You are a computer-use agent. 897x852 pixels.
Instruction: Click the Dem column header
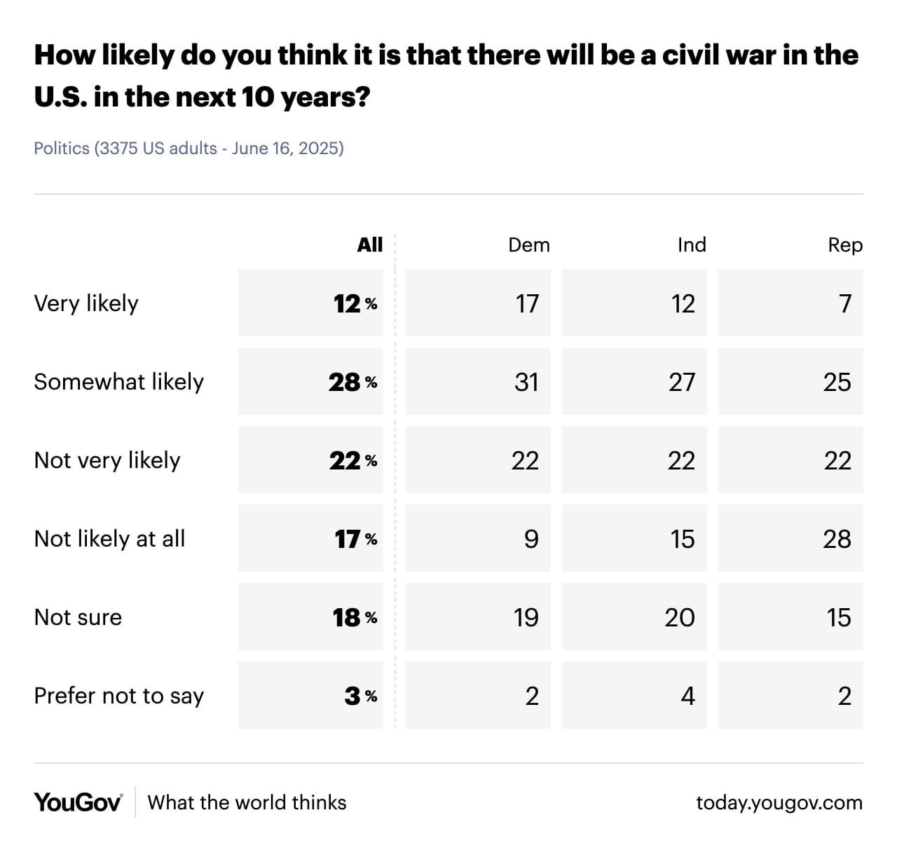[x=529, y=245]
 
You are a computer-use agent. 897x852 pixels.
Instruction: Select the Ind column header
[x=692, y=245]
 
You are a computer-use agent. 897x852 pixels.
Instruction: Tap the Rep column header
[x=845, y=245]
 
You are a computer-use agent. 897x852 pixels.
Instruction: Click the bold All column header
[x=370, y=245]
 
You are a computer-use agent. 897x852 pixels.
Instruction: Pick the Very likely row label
[x=86, y=303]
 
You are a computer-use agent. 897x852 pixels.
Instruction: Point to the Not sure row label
[x=78, y=617]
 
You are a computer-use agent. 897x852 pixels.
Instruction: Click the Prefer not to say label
[x=119, y=696]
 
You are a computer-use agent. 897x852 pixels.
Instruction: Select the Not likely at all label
[x=109, y=539]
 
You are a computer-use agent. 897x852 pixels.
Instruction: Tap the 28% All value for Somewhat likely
[x=352, y=382]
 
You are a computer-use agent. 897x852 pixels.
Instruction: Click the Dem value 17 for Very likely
[x=527, y=303]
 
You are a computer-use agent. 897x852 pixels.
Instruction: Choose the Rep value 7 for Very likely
[x=845, y=303]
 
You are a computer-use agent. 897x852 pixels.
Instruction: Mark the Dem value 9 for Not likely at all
[x=531, y=539]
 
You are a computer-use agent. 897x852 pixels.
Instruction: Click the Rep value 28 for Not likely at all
[x=837, y=539]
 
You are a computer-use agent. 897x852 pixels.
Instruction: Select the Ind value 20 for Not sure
[x=680, y=617]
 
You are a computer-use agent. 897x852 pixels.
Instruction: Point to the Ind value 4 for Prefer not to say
[x=687, y=696]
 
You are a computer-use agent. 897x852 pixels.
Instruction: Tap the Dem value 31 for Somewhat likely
[x=526, y=382]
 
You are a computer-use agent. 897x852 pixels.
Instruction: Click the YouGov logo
[x=78, y=802]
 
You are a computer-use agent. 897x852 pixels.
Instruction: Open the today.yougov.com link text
[x=779, y=802]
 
